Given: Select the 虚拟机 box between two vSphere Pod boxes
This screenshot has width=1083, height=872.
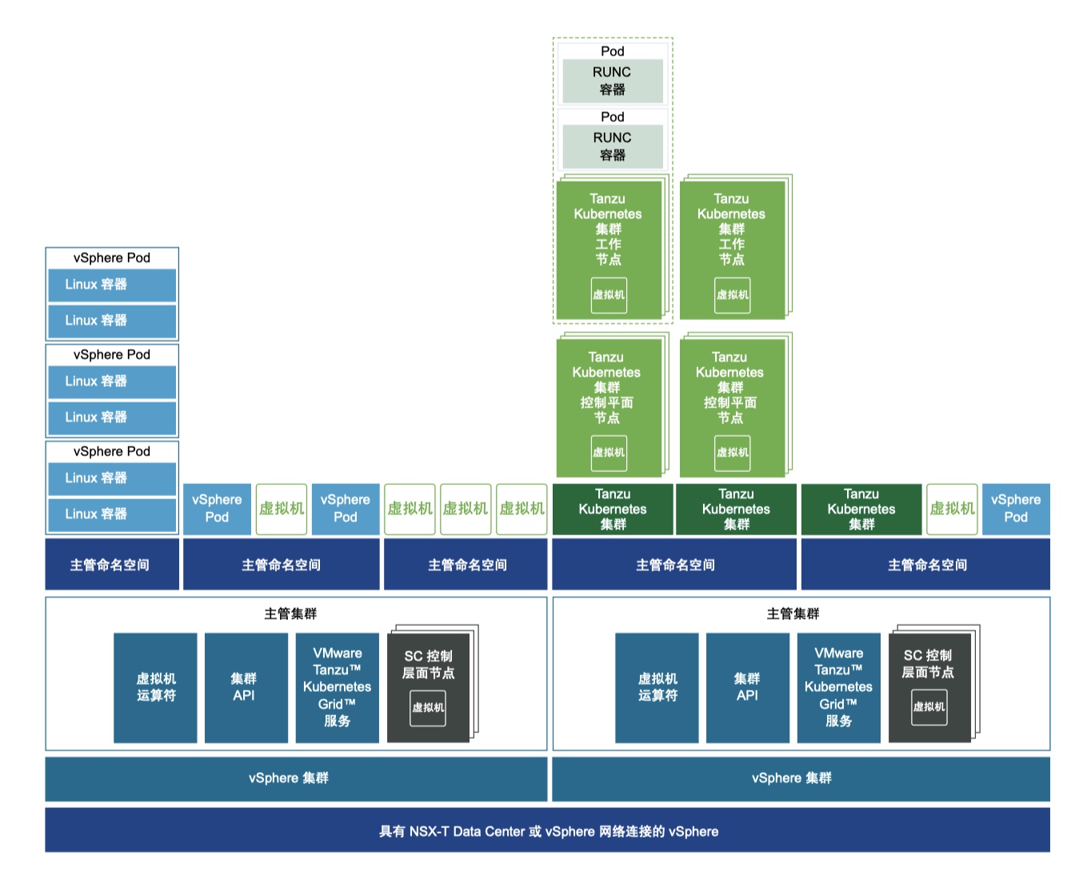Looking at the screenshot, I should point(282,509).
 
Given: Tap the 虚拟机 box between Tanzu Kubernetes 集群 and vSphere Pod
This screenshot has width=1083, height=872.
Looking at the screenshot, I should point(952,509).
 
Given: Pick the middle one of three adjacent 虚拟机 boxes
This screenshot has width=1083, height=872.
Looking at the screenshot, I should point(466,509).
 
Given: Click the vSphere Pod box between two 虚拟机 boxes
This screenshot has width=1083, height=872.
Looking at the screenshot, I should point(345,509).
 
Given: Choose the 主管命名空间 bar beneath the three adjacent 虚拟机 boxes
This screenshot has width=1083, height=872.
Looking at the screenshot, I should point(466,565).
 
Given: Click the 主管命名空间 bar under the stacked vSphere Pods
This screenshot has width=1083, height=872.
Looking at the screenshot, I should point(110,565).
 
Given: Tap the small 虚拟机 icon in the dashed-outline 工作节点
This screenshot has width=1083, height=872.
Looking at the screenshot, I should point(609,295).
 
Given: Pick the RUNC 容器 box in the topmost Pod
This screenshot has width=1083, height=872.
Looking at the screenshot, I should point(613,81).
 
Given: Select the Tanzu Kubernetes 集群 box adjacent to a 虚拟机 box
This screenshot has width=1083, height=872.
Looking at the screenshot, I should point(861,509).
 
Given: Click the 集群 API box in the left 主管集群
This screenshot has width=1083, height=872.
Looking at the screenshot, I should point(245,687).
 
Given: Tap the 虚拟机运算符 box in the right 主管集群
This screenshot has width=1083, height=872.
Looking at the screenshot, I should point(657,687).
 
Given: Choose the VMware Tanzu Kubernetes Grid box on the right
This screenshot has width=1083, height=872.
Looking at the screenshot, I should point(838,687).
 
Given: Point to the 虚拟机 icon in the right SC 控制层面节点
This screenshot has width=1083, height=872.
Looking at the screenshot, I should point(929,707).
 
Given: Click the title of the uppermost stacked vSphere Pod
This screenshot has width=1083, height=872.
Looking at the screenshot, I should point(112,258).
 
